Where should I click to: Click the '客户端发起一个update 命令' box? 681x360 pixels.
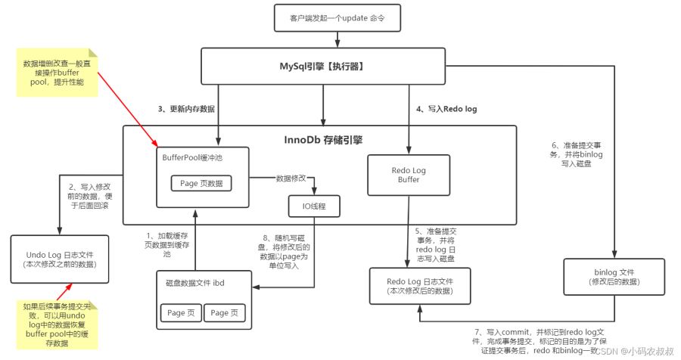(324, 17)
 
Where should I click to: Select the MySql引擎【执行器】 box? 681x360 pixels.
(324, 67)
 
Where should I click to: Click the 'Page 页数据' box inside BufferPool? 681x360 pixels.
(201, 183)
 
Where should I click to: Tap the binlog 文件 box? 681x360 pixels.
(614, 275)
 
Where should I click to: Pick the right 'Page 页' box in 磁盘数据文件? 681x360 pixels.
(223, 313)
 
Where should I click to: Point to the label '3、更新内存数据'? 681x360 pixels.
(186, 110)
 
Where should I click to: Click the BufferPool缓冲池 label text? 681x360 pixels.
(192, 157)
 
